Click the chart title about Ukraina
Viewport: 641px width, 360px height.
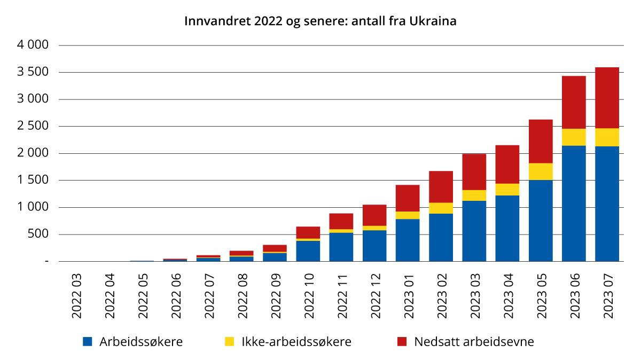(x=320, y=21)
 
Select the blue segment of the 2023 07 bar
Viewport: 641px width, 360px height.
(x=607, y=204)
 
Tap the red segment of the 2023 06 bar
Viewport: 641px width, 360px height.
(x=574, y=103)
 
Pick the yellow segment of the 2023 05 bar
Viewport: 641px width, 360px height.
(x=541, y=171)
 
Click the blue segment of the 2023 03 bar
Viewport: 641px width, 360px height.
(x=474, y=231)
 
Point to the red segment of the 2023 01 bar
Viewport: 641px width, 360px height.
(x=408, y=198)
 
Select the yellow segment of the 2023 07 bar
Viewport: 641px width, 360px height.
(x=607, y=137)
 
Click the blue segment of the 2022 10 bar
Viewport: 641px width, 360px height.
(x=308, y=251)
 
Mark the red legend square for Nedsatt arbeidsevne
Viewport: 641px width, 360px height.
(x=402, y=342)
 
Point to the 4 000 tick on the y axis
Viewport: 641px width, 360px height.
(x=34, y=45)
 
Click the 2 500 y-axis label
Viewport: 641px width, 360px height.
(x=34, y=127)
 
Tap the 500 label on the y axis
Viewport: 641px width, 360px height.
(x=39, y=234)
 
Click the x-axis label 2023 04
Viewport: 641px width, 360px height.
(x=507, y=298)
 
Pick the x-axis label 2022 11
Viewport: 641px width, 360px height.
(x=341, y=298)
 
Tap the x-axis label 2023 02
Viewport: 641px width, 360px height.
(x=441, y=298)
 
